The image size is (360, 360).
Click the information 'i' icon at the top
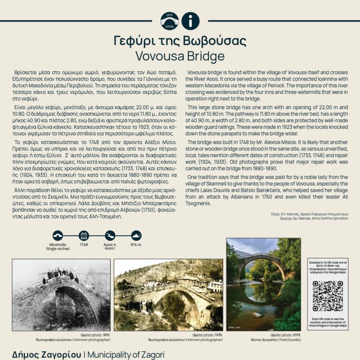tap(190, 21)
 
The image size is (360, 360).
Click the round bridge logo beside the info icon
tap(169, 21)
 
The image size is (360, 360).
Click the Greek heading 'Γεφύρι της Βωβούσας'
tap(180, 39)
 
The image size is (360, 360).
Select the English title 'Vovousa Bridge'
tap(180, 56)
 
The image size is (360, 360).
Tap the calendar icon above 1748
tap(83, 235)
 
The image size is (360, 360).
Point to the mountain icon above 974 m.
tap(136, 235)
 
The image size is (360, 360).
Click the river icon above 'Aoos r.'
tap(110, 235)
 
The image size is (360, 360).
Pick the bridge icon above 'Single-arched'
tap(57, 235)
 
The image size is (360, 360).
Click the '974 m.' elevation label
tap(136, 245)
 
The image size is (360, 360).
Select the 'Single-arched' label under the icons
tap(57, 249)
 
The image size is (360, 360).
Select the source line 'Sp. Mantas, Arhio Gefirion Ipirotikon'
tap(312, 218)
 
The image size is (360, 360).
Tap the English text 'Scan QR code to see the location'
tap(327, 321)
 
